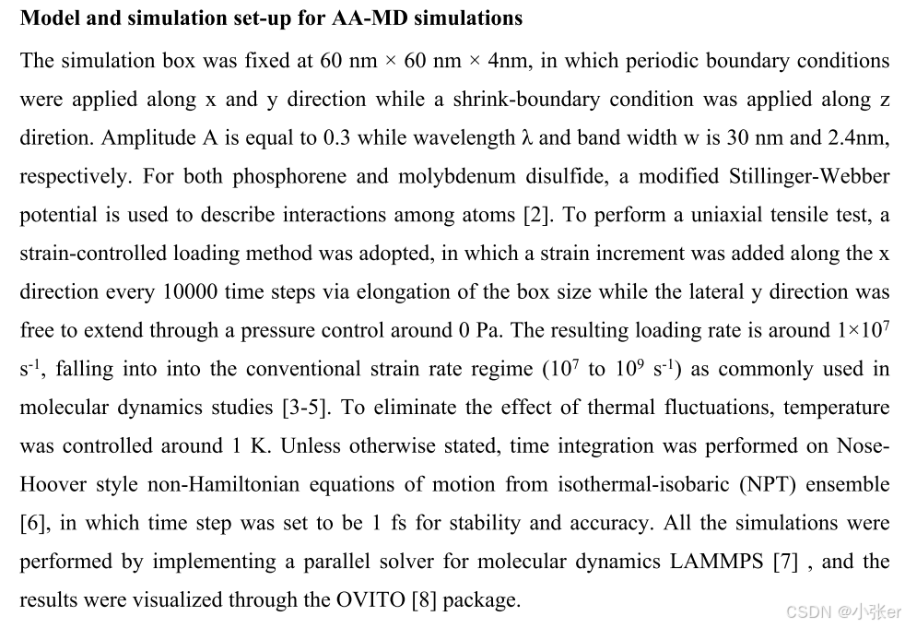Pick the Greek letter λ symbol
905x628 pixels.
point(527,138)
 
